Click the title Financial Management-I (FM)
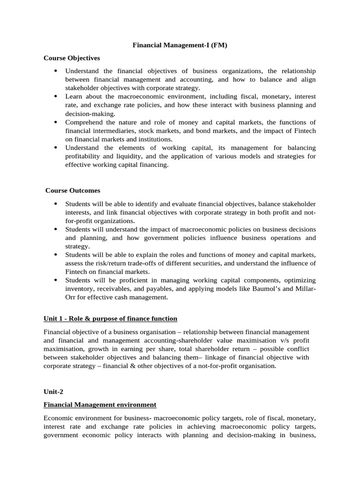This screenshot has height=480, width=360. click(180, 45)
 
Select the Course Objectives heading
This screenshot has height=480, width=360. click(72, 58)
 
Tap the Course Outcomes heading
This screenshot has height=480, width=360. click(73, 191)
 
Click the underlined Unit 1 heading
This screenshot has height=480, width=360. click(110, 319)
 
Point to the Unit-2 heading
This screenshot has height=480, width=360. click(53, 391)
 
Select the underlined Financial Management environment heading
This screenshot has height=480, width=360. click(100, 404)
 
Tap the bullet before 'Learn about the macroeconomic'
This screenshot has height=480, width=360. click(55, 97)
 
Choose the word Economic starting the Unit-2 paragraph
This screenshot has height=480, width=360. click(58, 417)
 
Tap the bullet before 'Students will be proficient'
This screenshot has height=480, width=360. click(55, 280)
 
